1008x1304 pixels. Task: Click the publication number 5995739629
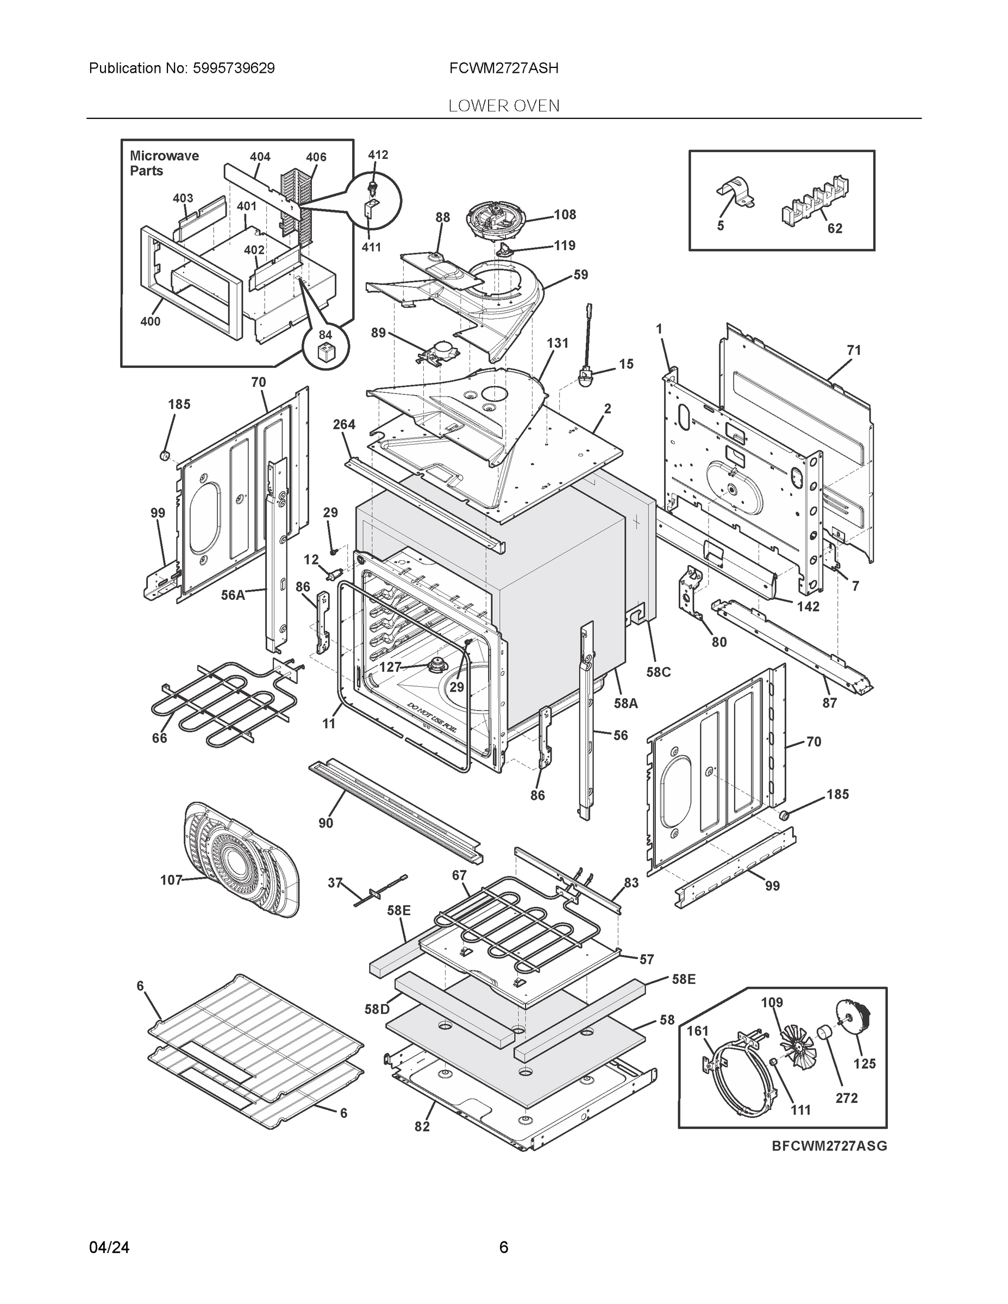[234, 68]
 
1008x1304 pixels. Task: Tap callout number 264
[344, 424]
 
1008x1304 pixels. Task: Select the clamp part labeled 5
[735, 193]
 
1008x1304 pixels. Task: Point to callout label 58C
[658, 672]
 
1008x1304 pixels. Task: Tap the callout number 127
[390, 667]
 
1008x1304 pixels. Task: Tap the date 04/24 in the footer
[109, 1247]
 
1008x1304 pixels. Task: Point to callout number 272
[846, 1098]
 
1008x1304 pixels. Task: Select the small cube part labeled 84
[325, 352]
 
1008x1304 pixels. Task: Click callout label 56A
[233, 595]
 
